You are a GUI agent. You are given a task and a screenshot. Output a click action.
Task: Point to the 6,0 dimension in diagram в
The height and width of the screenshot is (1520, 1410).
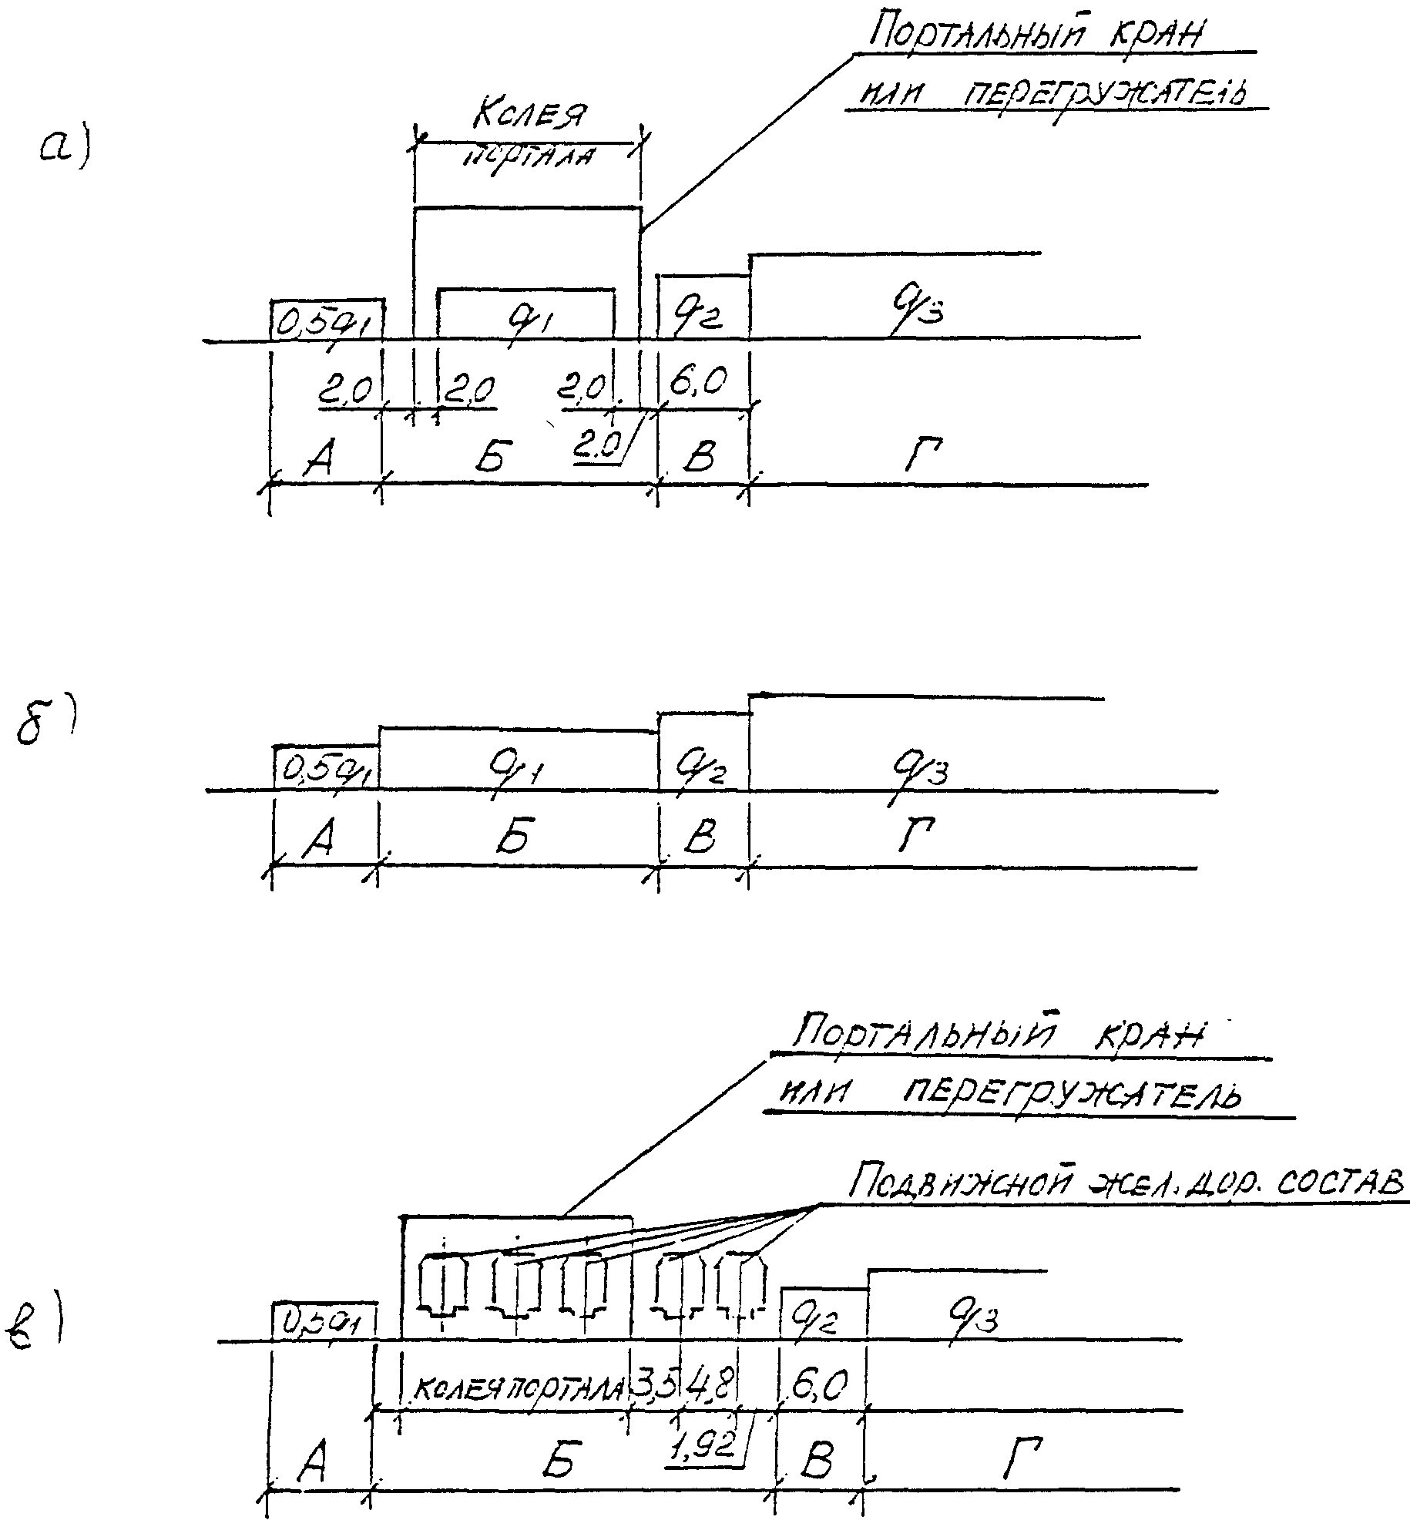pyautogui.click(x=818, y=1387)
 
